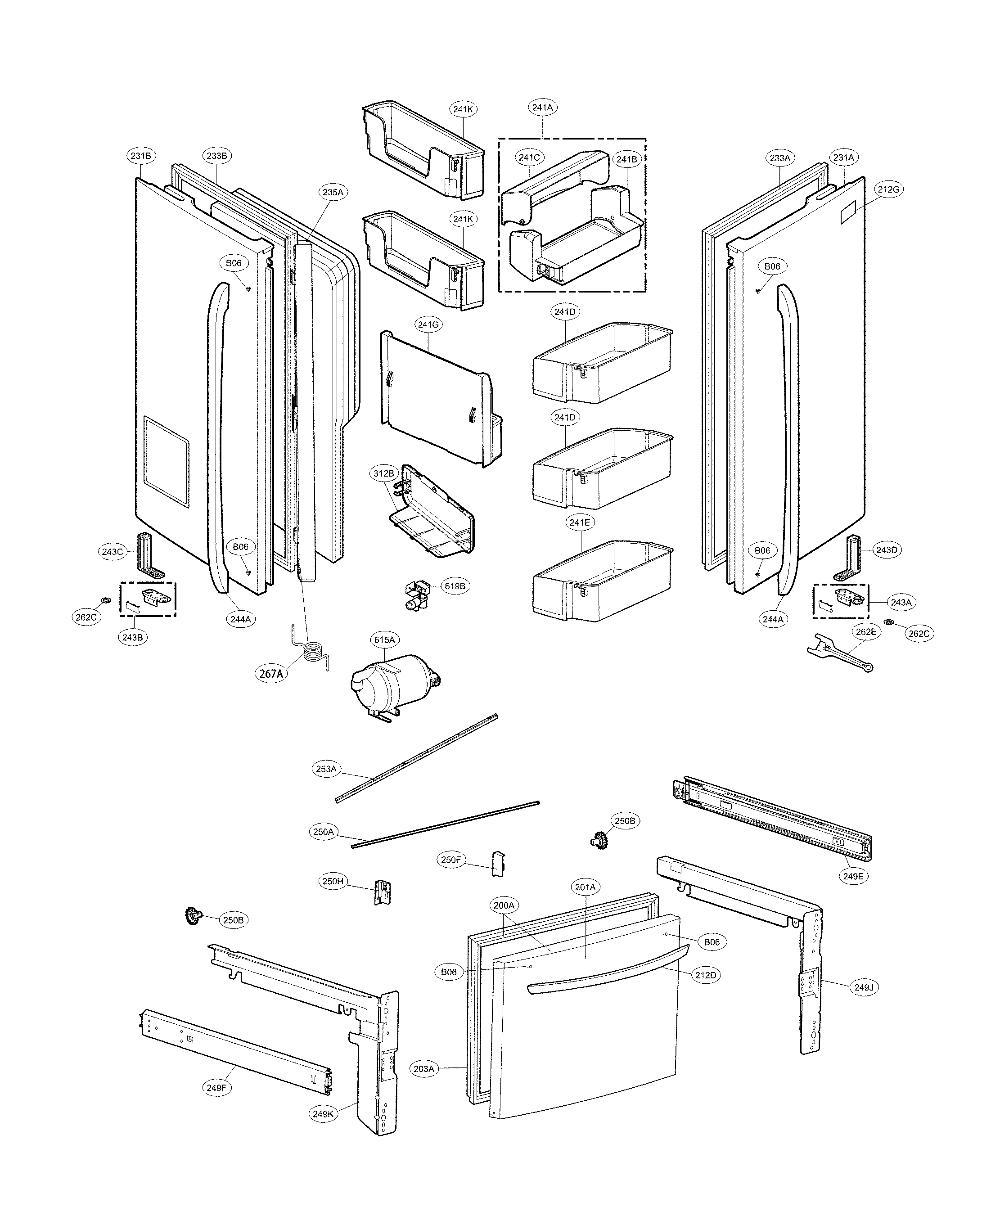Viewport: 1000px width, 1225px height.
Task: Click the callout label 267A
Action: (x=271, y=673)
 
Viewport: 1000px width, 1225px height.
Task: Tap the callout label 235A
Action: (x=333, y=192)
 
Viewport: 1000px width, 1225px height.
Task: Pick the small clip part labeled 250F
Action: (x=498, y=863)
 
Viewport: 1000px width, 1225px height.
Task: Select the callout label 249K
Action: (x=323, y=1114)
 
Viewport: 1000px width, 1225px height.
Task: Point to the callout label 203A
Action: (x=423, y=1069)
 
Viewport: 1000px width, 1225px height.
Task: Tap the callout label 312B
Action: (x=383, y=473)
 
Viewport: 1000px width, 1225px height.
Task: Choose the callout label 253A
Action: (x=326, y=769)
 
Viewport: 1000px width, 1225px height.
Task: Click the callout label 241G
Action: (x=428, y=325)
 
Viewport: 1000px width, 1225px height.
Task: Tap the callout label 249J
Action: (x=864, y=987)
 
